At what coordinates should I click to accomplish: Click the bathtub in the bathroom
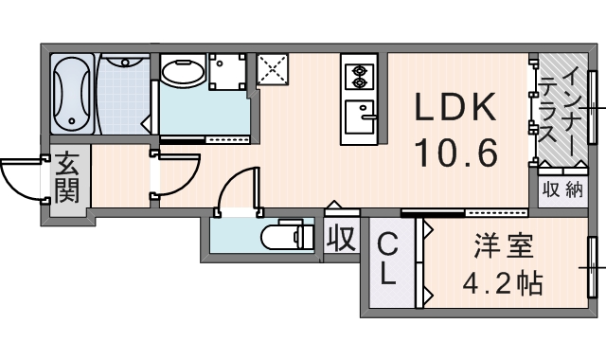72,94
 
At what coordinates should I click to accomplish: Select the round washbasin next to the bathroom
183,73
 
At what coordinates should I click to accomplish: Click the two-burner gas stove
360,76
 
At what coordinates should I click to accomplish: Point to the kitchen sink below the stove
360,117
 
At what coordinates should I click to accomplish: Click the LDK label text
454,107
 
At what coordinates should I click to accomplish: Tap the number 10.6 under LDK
455,153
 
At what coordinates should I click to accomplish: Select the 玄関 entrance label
67,177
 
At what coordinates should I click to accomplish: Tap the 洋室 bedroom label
503,246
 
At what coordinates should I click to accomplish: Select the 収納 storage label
562,189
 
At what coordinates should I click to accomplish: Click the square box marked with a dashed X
273,68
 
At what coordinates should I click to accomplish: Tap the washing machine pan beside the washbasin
227,72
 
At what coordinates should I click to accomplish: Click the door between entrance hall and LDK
175,174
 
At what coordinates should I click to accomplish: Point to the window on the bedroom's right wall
592,267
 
